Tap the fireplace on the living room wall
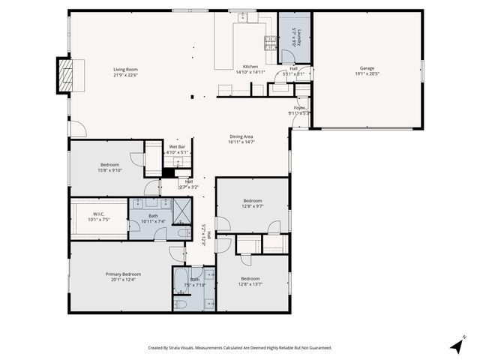(x=65, y=75)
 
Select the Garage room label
(x=367, y=68)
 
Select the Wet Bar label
(x=176, y=147)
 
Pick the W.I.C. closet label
(x=99, y=215)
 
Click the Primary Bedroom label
(x=123, y=274)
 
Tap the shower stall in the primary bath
(x=182, y=211)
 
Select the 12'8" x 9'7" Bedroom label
(x=252, y=200)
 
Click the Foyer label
(x=299, y=108)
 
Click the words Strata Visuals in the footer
(x=184, y=347)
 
